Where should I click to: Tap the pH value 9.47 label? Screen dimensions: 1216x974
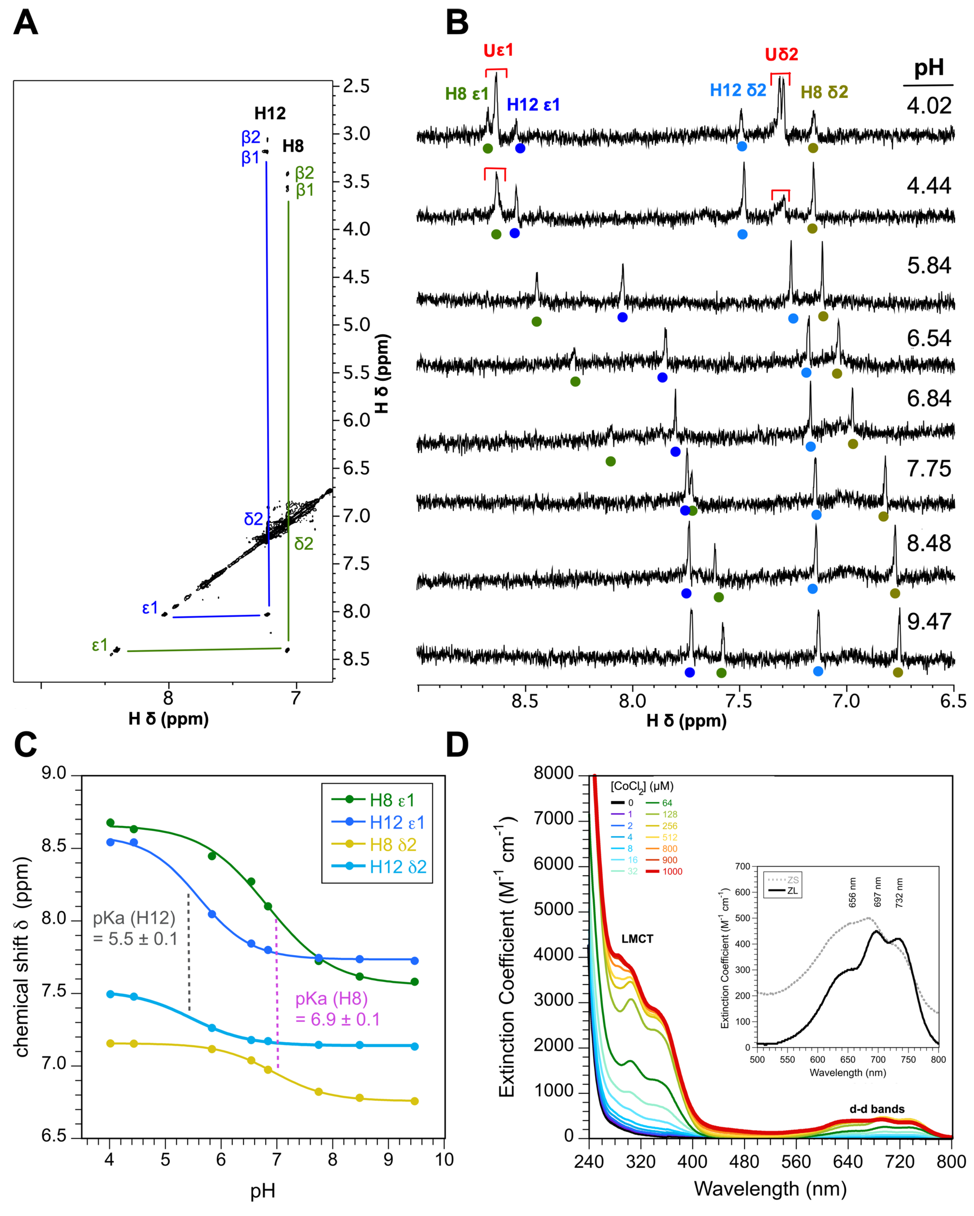(x=928, y=622)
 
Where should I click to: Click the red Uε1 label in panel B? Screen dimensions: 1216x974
(x=498, y=51)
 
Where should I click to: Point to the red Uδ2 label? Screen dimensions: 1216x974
(x=781, y=55)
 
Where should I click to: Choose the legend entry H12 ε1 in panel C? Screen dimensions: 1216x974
(x=397, y=822)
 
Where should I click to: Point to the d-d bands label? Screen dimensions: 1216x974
(x=877, y=1109)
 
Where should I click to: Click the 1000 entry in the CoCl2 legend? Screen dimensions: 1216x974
(x=672, y=871)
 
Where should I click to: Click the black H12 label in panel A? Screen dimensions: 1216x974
(x=269, y=113)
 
